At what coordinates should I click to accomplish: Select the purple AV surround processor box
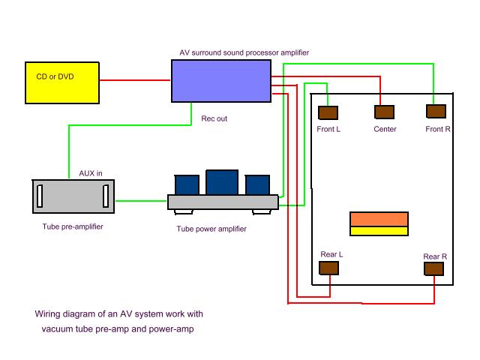pyautogui.click(x=221, y=80)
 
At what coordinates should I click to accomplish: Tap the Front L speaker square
pyautogui.click(x=328, y=113)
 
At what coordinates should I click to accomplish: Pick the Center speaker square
pyautogui.click(x=385, y=112)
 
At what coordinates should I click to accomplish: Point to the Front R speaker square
pyautogui.click(x=436, y=112)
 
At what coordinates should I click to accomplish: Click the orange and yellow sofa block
pyautogui.click(x=379, y=224)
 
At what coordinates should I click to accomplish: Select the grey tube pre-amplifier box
pyautogui.click(x=73, y=196)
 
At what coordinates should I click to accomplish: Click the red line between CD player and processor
pyautogui.click(x=135, y=80)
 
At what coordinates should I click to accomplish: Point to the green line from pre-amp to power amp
pyautogui.click(x=141, y=200)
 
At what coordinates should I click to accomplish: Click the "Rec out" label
pyautogui.click(x=214, y=118)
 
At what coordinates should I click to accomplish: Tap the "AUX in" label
pyautogui.click(x=91, y=173)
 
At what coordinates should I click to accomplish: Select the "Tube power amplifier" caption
pyautogui.click(x=211, y=229)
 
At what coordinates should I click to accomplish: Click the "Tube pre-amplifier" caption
pyautogui.click(x=73, y=226)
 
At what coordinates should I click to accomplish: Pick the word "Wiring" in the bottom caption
pyautogui.click(x=49, y=314)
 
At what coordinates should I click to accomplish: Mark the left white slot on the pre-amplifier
pyautogui.click(x=40, y=196)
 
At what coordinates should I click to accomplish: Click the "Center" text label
pyautogui.click(x=385, y=129)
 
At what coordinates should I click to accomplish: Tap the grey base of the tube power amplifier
pyautogui.click(x=223, y=202)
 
